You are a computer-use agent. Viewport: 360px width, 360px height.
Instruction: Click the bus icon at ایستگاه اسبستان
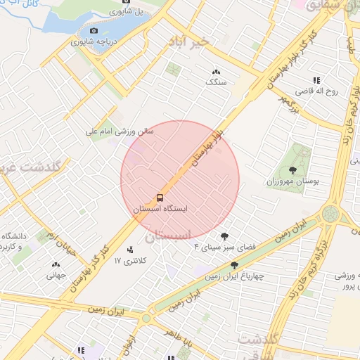coord(160,198)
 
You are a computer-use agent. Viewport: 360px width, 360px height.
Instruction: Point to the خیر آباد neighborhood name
coord(189,42)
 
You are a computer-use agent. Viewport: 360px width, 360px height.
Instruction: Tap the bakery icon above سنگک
coord(216,72)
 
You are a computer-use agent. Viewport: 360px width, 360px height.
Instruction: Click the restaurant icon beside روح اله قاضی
coord(317,80)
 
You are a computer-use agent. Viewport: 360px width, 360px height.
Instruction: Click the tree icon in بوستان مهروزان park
coord(292,169)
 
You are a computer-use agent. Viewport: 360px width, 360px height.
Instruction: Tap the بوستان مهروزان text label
coord(292,181)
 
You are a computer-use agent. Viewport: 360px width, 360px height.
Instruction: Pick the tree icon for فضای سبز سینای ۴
coord(224,236)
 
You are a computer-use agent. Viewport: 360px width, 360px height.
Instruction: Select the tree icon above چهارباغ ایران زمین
coord(234,265)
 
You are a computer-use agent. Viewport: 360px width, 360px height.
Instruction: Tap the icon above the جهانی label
coord(56,264)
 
